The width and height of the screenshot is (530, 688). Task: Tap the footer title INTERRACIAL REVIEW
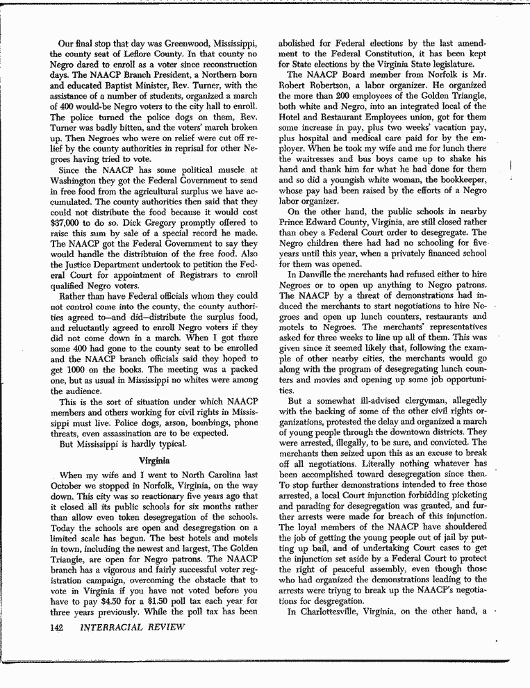(132, 628)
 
